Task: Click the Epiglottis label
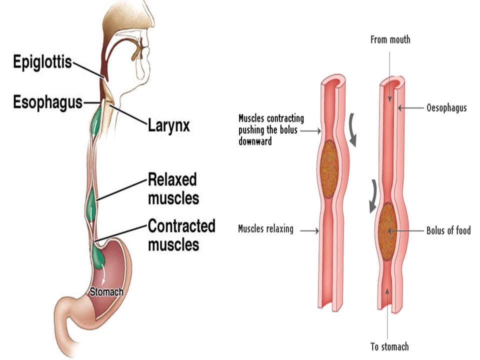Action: point(42,63)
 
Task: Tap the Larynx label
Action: point(168,125)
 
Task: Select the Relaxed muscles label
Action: point(173,188)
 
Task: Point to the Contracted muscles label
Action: point(181,235)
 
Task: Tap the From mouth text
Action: point(390,39)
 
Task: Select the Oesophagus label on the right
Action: point(446,107)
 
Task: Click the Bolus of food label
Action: point(448,230)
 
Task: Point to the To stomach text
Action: point(389,346)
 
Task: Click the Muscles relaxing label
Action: point(266,229)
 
